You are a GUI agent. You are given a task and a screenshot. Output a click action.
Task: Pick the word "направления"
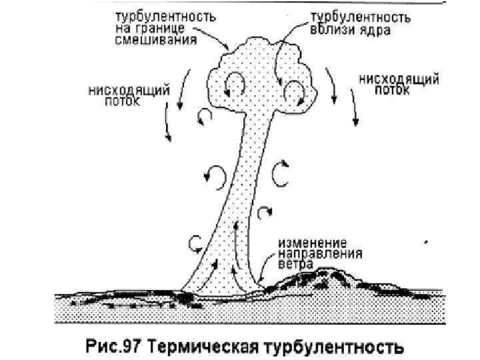(x=322, y=253)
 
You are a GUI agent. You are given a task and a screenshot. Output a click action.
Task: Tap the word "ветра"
(x=298, y=264)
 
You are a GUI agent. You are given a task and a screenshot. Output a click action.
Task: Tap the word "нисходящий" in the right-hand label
(x=399, y=79)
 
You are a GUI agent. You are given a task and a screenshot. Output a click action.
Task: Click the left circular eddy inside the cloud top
(x=233, y=85)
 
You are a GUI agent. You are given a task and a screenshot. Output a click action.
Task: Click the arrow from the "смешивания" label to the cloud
(x=215, y=41)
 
